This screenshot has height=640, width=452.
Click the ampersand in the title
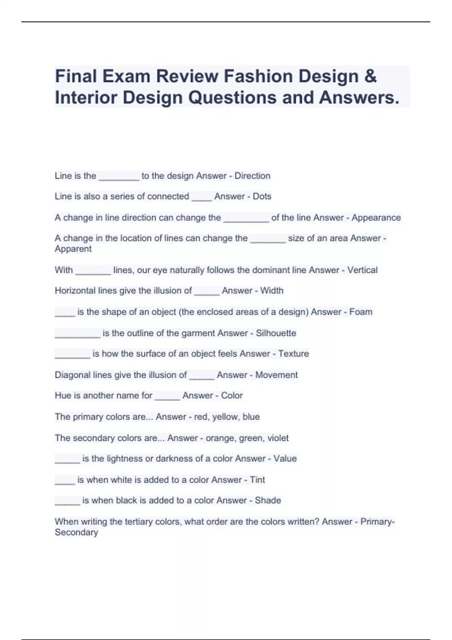[370, 76]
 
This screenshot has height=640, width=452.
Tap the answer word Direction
[252, 176]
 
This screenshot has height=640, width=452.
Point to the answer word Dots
[262, 197]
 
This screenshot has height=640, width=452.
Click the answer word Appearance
[376, 218]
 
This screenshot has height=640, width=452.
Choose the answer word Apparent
[73, 249]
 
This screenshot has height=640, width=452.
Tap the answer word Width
[272, 291]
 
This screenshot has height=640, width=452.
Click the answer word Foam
[360, 312]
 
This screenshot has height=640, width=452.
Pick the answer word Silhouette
[276, 333]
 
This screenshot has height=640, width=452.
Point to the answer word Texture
[293, 354]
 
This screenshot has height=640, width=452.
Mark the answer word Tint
[257, 480]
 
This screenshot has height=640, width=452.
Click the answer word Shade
[268, 500]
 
